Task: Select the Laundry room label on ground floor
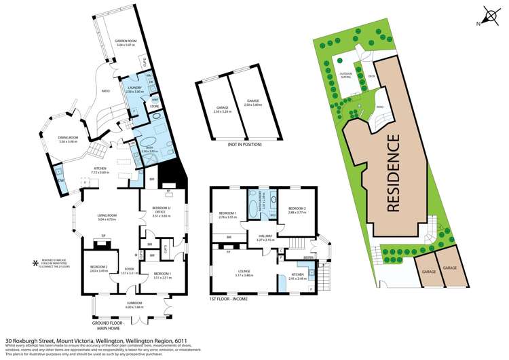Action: [x=134, y=89]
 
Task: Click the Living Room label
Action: [x=107, y=218]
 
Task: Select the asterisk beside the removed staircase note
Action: [x=36, y=262]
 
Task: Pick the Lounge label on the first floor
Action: [x=244, y=273]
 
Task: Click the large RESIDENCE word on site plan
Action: [x=393, y=173]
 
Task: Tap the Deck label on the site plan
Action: [x=372, y=76]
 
